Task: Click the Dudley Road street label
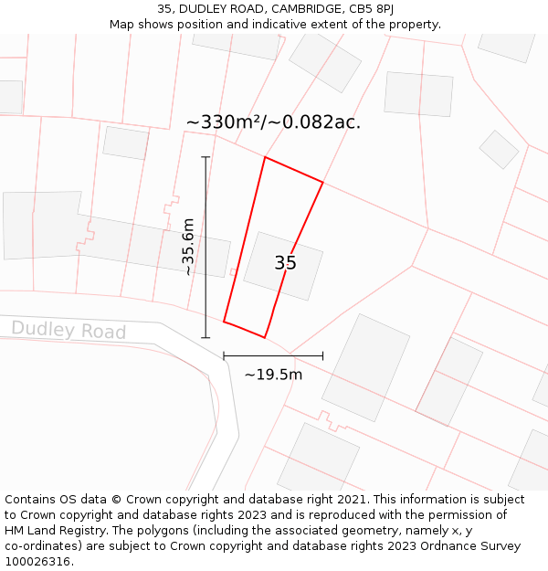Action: click(68, 330)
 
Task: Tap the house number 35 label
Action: click(285, 263)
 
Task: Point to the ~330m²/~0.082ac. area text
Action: click(273, 122)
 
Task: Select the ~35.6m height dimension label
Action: click(188, 247)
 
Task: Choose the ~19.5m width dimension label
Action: click(273, 374)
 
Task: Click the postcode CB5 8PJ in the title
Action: click(371, 8)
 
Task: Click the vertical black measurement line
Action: click(205, 247)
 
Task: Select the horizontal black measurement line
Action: click(273, 355)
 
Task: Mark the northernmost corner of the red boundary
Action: click(265, 157)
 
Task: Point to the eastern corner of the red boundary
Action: click(322, 183)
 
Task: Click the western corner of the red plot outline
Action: click(224, 322)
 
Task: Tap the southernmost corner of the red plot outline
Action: click(265, 338)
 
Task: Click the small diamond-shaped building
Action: click(499, 149)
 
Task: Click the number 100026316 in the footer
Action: click(37, 561)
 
